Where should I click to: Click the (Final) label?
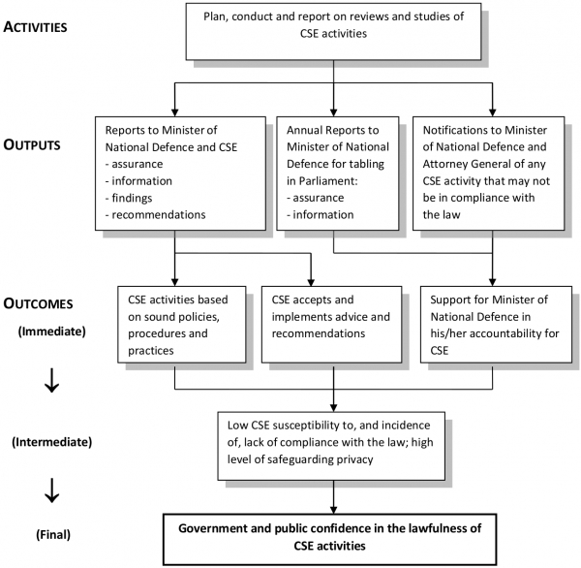(x=50, y=533)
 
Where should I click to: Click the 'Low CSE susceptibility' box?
(x=334, y=444)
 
